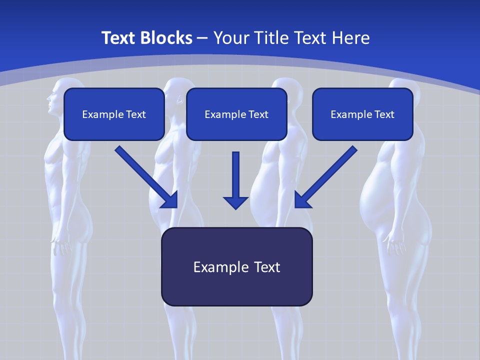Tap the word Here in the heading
pos(351,38)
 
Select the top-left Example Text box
pos(114,114)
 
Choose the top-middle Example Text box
pos(236,114)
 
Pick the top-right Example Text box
pos(362,114)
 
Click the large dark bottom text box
pos(236,266)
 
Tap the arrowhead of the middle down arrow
pos(235,202)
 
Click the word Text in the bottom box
pos(265,267)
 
